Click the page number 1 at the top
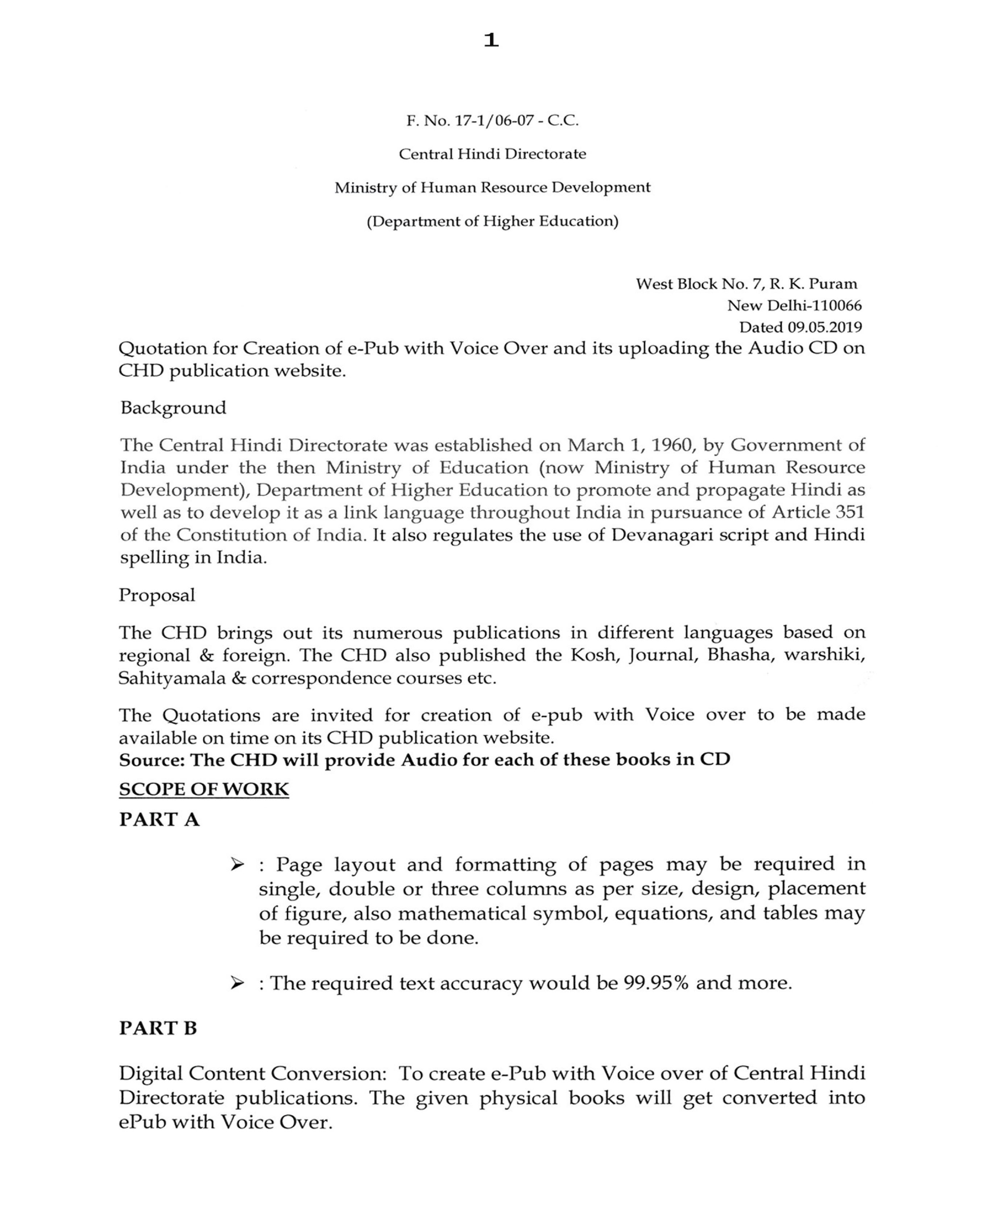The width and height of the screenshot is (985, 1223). click(x=491, y=40)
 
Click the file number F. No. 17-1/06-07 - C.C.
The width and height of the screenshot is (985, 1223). click(x=492, y=121)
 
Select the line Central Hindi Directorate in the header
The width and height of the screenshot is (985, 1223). click(x=492, y=154)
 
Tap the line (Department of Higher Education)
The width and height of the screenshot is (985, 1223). click(x=492, y=221)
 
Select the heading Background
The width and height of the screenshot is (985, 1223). click(x=173, y=408)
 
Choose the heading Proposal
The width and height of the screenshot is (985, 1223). click(x=157, y=595)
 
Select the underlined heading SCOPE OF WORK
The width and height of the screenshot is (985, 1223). click(x=204, y=789)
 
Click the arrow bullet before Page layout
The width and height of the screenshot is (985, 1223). click(x=237, y=865)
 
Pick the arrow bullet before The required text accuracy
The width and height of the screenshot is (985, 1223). click(x=237, y=983)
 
